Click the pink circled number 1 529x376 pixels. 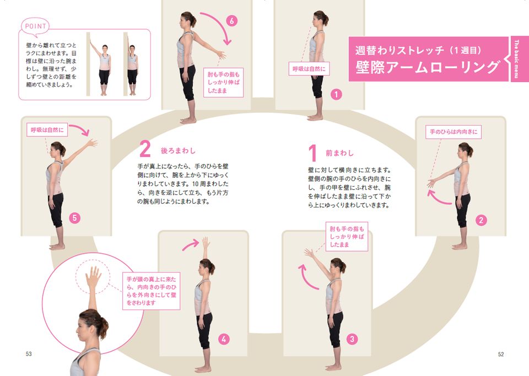(336, 94)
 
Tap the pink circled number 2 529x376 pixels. (481, 220)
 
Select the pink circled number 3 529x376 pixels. (352, 339)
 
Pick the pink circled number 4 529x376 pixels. (224, 339)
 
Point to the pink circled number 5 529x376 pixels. (74, 218)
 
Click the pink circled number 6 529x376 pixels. (232, 21)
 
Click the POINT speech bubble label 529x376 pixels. (35, 26)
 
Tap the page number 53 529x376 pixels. (29, 354)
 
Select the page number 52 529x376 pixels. (501, 354)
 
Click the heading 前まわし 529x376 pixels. (339, 153)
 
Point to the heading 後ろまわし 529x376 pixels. (178, 151)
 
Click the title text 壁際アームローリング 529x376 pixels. (427, 67)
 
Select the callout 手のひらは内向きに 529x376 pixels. (454, 132)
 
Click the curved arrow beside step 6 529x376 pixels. (219, 26)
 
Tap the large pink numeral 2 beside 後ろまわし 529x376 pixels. (145, 149)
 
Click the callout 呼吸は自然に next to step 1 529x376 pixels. (309, 69)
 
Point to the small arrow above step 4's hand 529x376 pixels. (191, 244)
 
